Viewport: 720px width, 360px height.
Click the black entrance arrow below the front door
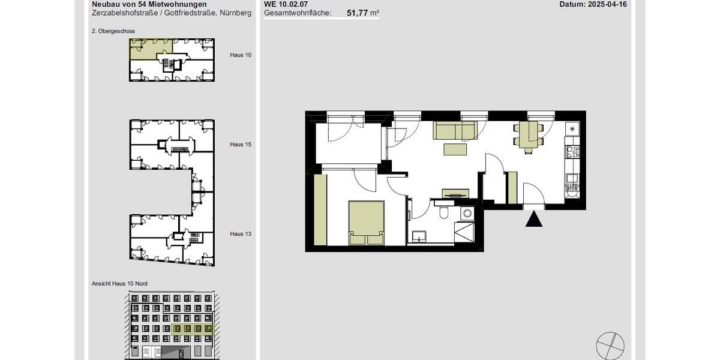534,220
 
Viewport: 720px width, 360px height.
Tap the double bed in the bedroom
367,223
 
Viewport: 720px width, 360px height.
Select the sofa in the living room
455,130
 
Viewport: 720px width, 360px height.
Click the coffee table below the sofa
455,149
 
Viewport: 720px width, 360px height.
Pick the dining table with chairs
529,135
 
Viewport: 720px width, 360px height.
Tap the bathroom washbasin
418,236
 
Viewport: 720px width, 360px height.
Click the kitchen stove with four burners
572,152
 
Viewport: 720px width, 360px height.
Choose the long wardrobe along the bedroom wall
320,210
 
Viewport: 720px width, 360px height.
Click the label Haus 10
241,55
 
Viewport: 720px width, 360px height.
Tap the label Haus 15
241,145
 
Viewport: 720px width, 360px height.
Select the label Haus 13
241,234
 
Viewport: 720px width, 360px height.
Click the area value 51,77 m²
362,12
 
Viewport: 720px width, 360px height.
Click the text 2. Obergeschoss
113,30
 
